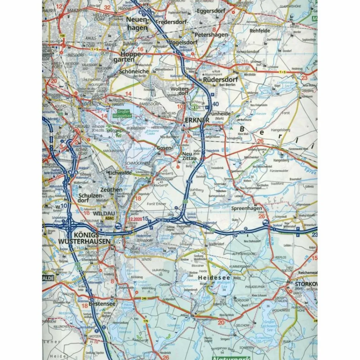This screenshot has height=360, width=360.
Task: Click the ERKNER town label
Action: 197,120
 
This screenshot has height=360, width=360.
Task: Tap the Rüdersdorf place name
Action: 220,80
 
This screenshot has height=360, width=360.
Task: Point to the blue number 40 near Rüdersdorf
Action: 216,104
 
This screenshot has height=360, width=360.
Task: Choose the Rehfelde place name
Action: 260,31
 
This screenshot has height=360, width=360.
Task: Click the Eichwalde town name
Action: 120,173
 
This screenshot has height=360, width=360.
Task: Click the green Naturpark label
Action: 232,358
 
